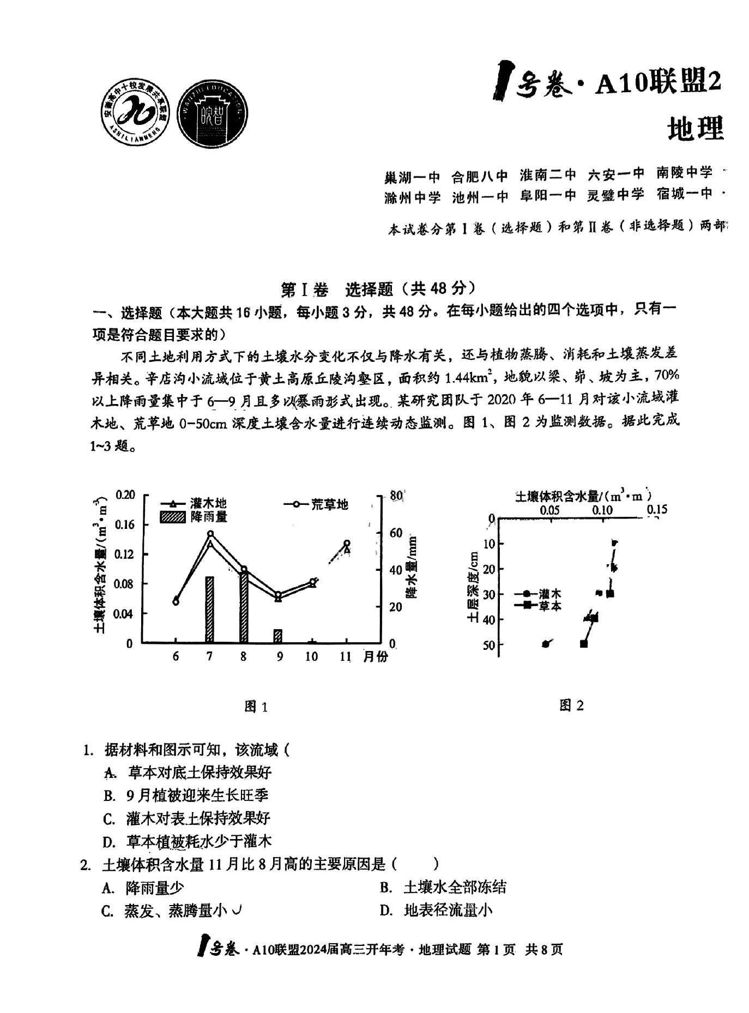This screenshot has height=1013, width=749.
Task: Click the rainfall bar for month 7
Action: click(x=209, y=610)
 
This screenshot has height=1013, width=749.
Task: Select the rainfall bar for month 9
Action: click(x=278, y=636)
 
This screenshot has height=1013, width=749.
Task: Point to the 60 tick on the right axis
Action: click(x=396, y=533)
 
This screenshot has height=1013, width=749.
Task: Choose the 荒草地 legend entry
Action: click(x=316, y=504)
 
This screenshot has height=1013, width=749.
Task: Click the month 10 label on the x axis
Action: click(x=311, y=656)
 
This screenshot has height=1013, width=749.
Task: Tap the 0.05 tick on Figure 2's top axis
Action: click(x=549, y=510)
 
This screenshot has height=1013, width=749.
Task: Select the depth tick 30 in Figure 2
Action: click(x=488, y=594)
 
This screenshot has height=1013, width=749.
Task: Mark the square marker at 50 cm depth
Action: click(x=584, y=644)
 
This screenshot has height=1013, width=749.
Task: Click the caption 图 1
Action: click(x=256, y=707)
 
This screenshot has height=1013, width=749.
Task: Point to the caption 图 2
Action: click(x=571, y=706)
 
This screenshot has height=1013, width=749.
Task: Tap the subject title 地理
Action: click(x=696, y=129)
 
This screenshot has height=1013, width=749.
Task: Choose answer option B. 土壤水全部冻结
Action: click(x=444, y=888)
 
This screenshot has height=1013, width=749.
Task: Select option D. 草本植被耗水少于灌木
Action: click(x=188, y=841)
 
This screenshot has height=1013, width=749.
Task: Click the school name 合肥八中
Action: click(x=480, y=176)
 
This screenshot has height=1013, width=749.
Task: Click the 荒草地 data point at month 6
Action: click(x=176, y=601)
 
